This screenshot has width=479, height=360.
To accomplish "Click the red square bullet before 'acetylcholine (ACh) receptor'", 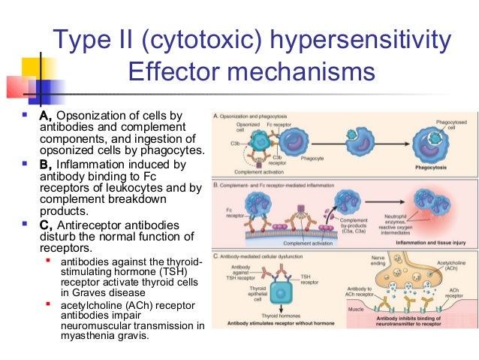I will (48, 304).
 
